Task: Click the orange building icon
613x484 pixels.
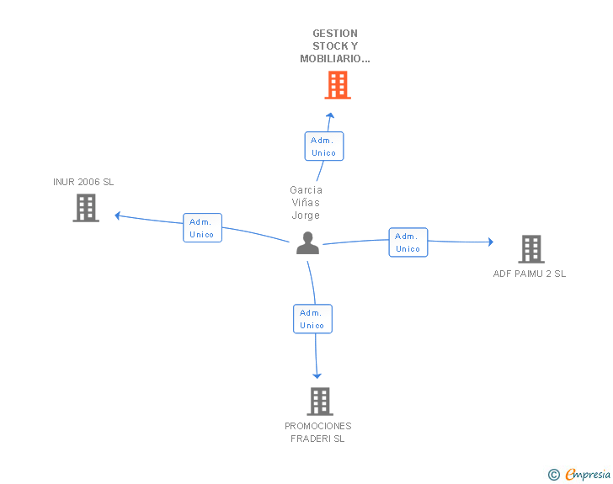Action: click(x=338, y=85)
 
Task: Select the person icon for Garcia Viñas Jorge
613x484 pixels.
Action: click(x=307, y=243)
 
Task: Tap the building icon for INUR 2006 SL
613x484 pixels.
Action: click(x=86, y=208)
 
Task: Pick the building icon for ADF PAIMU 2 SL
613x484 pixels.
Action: click(x=531, y=249)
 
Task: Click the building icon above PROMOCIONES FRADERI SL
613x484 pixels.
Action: click(x=320, y=402)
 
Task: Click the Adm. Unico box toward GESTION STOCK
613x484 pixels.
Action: click(x=324, y=146)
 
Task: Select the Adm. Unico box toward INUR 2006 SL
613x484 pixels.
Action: click(x=202, y=228)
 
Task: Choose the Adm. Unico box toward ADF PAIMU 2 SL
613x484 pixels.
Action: click(x=408, y=242)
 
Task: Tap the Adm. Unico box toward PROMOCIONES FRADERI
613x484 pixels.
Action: click(x=312, y=319)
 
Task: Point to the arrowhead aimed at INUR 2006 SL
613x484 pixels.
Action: click(x=117, y=215)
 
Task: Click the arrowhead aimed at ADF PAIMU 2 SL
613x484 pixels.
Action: click(x=491, y=242)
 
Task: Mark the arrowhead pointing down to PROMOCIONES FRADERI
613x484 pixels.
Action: click(x=317, y=376)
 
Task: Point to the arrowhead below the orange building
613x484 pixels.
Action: click(x=330, y=115)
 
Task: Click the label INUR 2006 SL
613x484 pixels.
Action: click(x=83, y=182)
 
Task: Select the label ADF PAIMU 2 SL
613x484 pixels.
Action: click(x=530, y=274)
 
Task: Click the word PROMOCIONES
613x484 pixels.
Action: click(x=317, y=426)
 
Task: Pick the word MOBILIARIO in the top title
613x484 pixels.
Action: click(x=330, y=59)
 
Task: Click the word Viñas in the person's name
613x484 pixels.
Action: click(x=306, y=203)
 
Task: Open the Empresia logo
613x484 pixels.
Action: click(x=579, y=474)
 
